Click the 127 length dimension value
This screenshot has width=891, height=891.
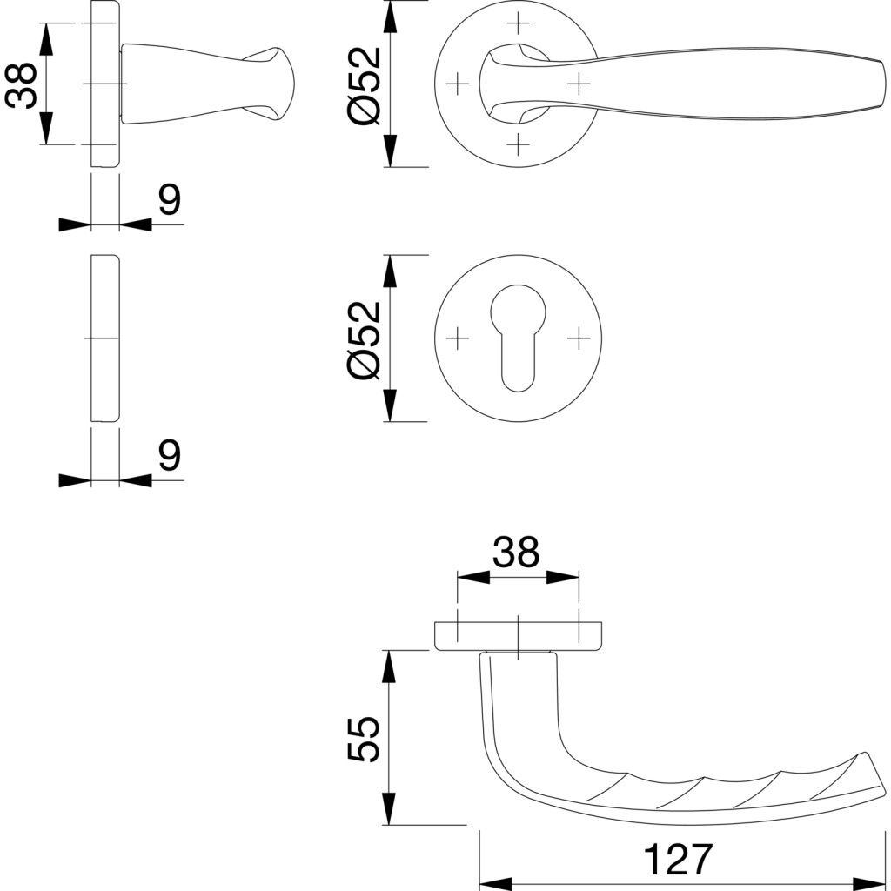678,860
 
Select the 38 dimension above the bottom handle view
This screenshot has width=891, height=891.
517,552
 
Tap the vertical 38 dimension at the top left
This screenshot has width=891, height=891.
21,84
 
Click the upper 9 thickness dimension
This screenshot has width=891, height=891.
170,200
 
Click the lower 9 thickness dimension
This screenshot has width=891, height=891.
170,454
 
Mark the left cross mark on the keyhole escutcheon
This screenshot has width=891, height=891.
456,338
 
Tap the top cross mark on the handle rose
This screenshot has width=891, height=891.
518,21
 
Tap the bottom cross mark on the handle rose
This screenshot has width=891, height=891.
518,144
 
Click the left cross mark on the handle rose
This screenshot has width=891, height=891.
456,84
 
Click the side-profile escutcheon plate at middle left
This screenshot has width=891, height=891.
104,338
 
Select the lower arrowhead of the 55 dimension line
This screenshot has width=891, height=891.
389,809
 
